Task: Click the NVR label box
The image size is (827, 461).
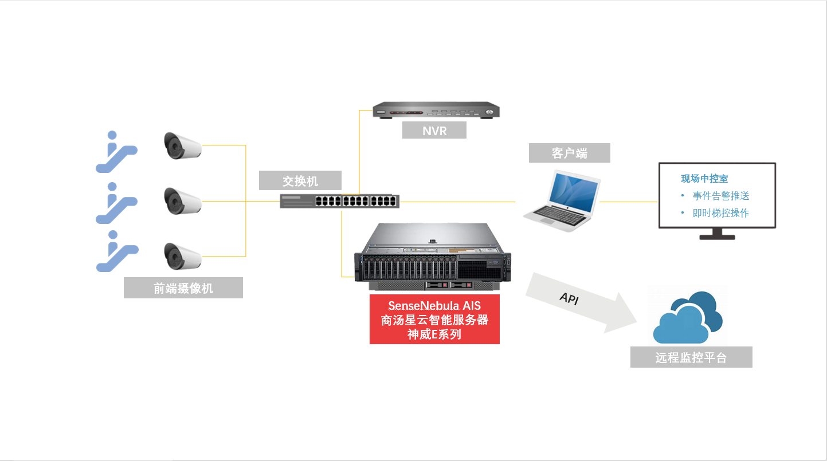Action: click(434, 130)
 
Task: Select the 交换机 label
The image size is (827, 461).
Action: click(300, 181)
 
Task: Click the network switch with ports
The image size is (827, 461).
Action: click(339, 201)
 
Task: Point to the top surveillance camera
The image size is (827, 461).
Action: click(182, 145)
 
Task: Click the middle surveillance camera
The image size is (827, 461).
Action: click(182, 200)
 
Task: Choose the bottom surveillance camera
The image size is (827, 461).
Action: click(182, 255)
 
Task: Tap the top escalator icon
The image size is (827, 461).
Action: click(115, 152)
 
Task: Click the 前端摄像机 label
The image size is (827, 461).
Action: click(183, 288)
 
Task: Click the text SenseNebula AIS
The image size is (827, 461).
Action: click(434, 306)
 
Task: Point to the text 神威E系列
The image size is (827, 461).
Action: click(434, 334)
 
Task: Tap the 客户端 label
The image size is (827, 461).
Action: click(569, 153)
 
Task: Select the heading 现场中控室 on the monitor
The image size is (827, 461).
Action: click(704, 179)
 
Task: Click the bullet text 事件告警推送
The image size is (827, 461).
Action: click(721, 196)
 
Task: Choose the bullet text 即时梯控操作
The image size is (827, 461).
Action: click(721, 213)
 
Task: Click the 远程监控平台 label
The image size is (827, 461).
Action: click(691, 358)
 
